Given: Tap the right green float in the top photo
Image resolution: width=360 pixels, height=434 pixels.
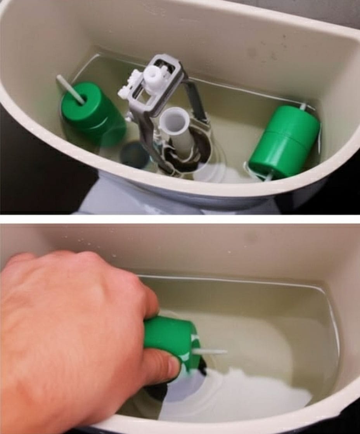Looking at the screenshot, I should click(284, 141).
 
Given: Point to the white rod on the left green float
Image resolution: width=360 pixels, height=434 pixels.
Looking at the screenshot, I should click(70, 89).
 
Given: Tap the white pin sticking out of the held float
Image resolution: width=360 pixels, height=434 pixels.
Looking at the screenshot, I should click(209, 352).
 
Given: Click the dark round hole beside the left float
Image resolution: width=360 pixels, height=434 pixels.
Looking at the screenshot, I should click(134, 155).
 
